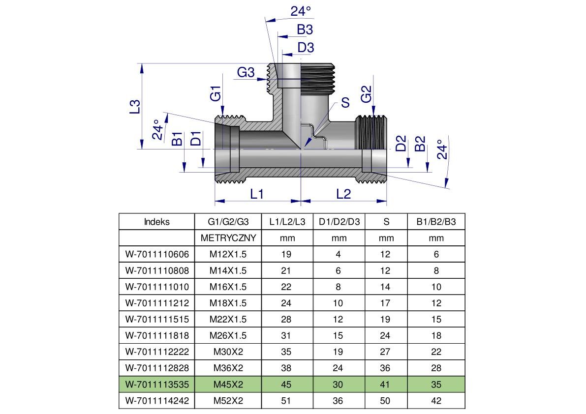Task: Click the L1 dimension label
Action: [x=257, y=194]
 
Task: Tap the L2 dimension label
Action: [x=343, y=194]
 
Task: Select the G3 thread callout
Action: [x=246, y=73]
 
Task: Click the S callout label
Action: [x=345, y=102]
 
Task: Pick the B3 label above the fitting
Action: [x=305, y=30]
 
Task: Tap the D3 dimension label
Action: [x=306, y=48]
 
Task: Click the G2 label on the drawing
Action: [x=367, y=94]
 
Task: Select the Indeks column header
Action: [x=156, y=222]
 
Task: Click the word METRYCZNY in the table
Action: [x=228, y=238]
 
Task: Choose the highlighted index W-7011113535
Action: [x=157, y=384]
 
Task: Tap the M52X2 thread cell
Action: [x=228, y=401]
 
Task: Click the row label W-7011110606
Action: [x=157, y=254]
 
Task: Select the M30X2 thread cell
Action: [x=228, y=352]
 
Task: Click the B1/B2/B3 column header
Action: [x=436, y=222]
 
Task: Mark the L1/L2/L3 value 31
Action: [x=286, y=336]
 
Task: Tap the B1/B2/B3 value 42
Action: [x=436, y=401]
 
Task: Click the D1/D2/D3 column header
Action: [x=339, y=222]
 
